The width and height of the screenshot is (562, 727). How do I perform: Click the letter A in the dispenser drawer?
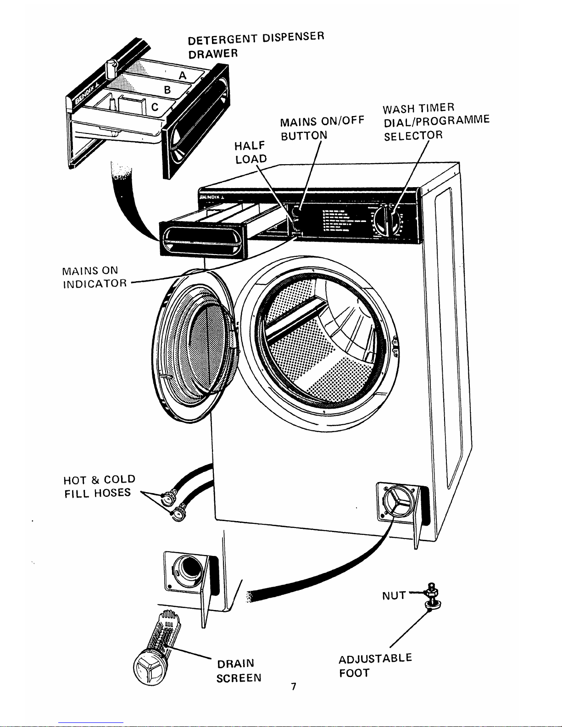(x=183, y=75)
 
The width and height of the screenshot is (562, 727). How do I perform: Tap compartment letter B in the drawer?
(x=167, y=89)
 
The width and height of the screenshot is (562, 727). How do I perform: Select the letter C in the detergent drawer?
(x=155, y=107)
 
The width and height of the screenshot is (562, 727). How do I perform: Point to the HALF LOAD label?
(x=250, y=152)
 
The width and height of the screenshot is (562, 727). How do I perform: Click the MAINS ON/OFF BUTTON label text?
(x=322, y=128)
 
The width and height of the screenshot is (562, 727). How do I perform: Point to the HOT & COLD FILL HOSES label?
(x=100, y=486)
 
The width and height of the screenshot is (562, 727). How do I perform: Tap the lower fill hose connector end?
(x=177, y=512)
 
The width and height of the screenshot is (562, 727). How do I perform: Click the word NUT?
(x=394, y=595)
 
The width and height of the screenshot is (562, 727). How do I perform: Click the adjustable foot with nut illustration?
(x=431, y=598)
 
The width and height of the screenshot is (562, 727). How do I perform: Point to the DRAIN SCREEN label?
(x=239, y=670)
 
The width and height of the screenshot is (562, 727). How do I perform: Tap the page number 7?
(x=293, y=686)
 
